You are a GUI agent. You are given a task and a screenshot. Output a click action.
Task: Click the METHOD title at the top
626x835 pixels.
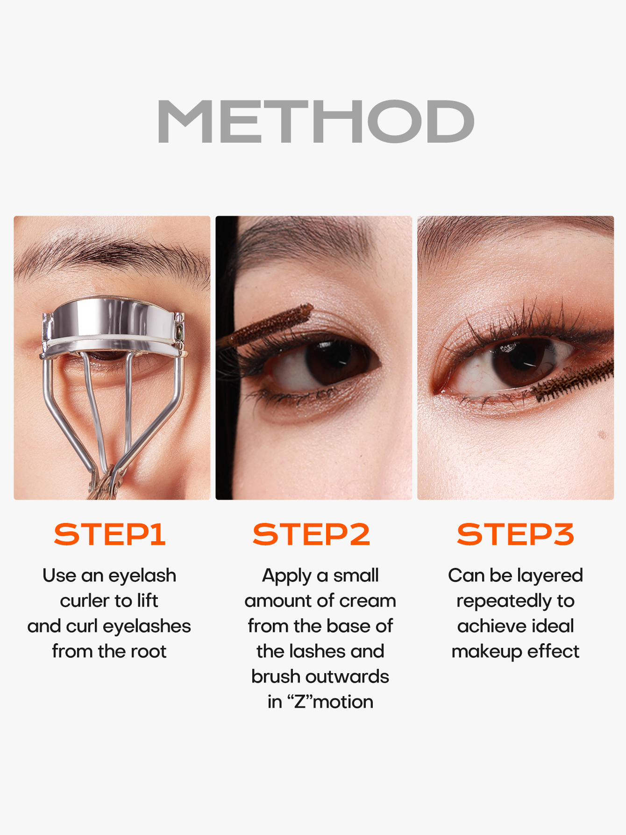pos(316,121)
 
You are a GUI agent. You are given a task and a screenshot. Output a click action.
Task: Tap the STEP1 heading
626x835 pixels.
pos(110,534)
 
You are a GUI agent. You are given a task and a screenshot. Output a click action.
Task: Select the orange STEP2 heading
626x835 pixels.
pos(311,534)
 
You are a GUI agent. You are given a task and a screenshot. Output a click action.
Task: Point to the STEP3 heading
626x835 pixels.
pos(515,534)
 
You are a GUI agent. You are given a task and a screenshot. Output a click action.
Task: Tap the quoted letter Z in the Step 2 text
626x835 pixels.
pos(300,702)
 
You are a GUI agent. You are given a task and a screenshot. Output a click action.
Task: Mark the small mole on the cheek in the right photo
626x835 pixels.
pos(602,435)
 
